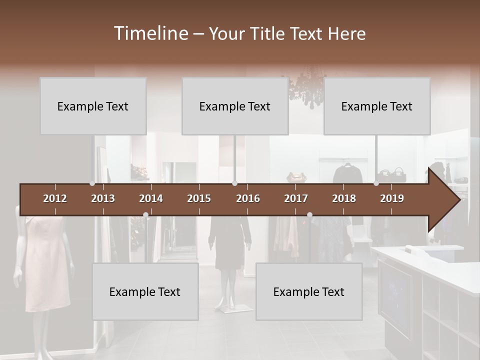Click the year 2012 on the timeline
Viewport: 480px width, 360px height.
pos(55,198)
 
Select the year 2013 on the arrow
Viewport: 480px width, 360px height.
pos(103,198)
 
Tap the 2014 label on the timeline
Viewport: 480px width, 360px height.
pos(151,198)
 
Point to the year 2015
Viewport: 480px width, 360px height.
pos(199,198)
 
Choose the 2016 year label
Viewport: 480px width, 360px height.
pos(248,198)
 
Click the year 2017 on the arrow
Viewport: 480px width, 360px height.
pos(296,198)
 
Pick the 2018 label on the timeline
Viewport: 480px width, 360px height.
pos(344,198)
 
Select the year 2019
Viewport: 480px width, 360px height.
pos(392,198)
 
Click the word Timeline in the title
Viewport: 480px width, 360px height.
pos(150,33)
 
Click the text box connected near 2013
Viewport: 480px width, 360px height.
pos(93,106)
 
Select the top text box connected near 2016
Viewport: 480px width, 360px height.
pos(235,106)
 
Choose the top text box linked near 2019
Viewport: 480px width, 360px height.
pos(377,106)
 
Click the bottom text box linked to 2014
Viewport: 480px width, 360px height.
pos(145,292)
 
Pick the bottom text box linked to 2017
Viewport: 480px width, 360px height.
pos(309,292)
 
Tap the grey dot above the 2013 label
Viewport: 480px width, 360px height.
pos(92,183)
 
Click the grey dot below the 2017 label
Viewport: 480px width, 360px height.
pos(309,215)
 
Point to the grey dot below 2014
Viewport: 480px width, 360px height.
pos(145,215)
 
